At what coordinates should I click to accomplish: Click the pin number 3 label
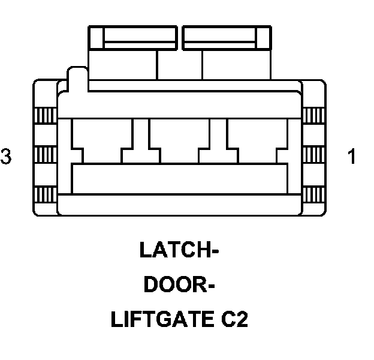[x=6, y=157]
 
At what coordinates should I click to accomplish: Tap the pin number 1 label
[x=352, y=157]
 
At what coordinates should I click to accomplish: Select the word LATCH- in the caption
[x=178, y=250]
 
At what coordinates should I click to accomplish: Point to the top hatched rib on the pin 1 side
[x=313, y=114]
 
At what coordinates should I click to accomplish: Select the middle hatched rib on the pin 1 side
[x=313, y=155]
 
